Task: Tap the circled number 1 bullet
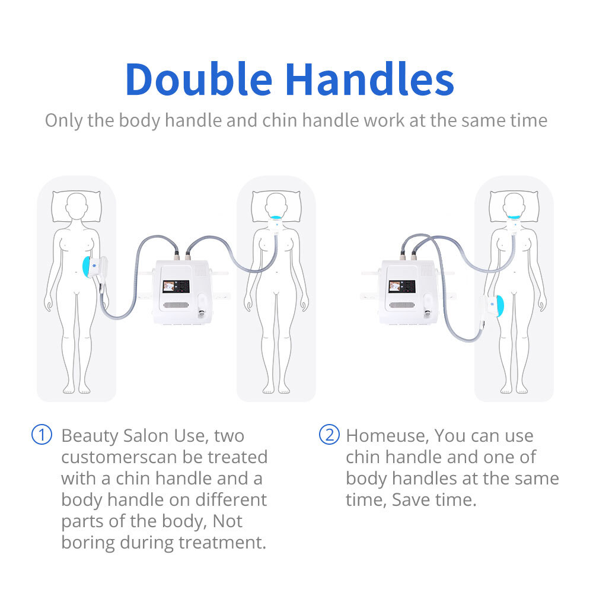coord(42,435)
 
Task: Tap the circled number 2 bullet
coord(329,435)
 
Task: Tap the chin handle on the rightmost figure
coord(514,221)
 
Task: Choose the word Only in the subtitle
coord(64,120)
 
